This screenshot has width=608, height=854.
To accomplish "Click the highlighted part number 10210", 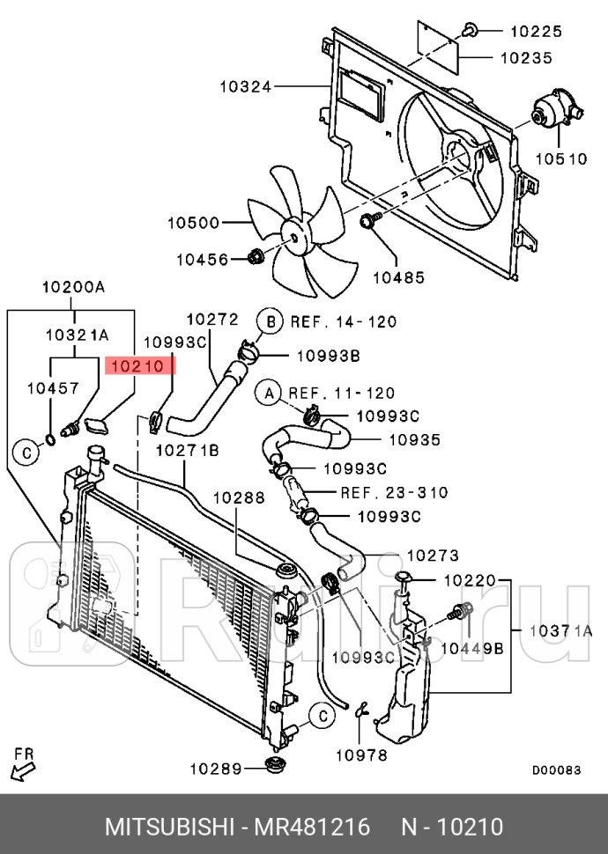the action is click(x=139, y=366).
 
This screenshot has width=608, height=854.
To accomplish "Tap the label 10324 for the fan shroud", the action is click(x=245, y=86).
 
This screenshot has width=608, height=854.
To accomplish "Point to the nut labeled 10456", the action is click(x=256, y=257).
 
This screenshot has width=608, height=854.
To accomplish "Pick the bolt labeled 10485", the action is click(x=367, y=221).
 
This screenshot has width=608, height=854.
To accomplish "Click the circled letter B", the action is click(x=271, y=321).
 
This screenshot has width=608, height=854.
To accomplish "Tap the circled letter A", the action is click(x=269, y=393).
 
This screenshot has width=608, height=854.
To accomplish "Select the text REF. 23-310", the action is click(x=394, y=492).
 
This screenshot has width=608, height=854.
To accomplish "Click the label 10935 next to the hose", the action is click(x=415, y=439).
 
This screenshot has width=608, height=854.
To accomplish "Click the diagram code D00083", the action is click(x=557, y=770).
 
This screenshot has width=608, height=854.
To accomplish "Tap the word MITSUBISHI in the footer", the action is click(x=169, y=827).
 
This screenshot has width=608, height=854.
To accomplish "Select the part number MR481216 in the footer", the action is click(x=313, y=827).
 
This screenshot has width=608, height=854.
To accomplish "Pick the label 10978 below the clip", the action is click(x=361, y=755).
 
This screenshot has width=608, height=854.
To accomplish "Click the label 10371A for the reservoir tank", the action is click(x=560, y=630).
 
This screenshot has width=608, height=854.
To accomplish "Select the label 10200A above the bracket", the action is click(x=74, y=287).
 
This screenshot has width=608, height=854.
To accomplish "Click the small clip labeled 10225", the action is click(x=470, y=31).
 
